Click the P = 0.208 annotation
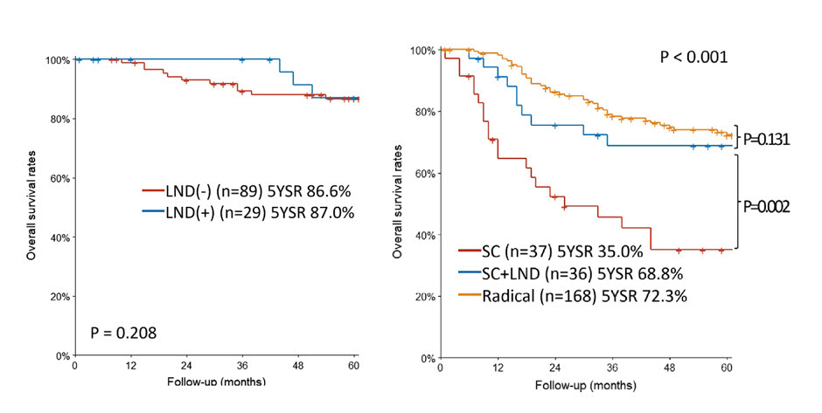123,333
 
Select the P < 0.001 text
693,57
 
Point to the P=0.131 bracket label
766,140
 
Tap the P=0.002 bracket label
766,207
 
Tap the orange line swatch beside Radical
470,295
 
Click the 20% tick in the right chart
428,297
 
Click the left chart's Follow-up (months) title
216,381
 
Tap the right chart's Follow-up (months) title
586,386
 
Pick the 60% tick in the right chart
428,174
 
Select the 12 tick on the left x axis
130,366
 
